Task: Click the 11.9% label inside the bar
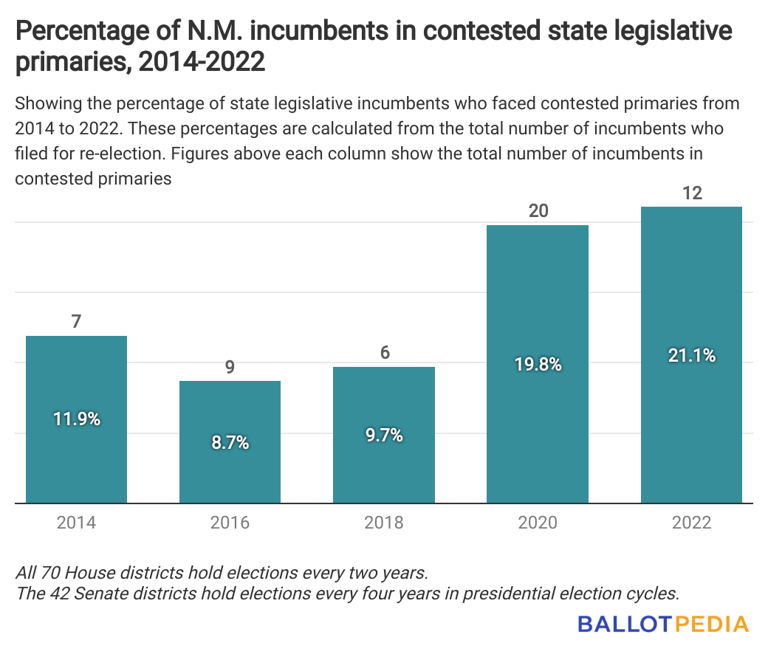(x=76, y=419)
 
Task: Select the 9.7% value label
(x=383, y=435)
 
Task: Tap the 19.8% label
(x=537, y=364)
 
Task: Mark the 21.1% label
(x=690, y=355)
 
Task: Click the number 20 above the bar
(x=538, y=210)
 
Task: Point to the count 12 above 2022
(x=692, y=193)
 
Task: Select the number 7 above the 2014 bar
(x=76, y=322)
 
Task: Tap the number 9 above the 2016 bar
(x=230, y=367)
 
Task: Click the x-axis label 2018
(x=383, y=523)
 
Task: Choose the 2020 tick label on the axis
(x=537, y=523)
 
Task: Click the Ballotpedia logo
(x=663, y=624)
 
